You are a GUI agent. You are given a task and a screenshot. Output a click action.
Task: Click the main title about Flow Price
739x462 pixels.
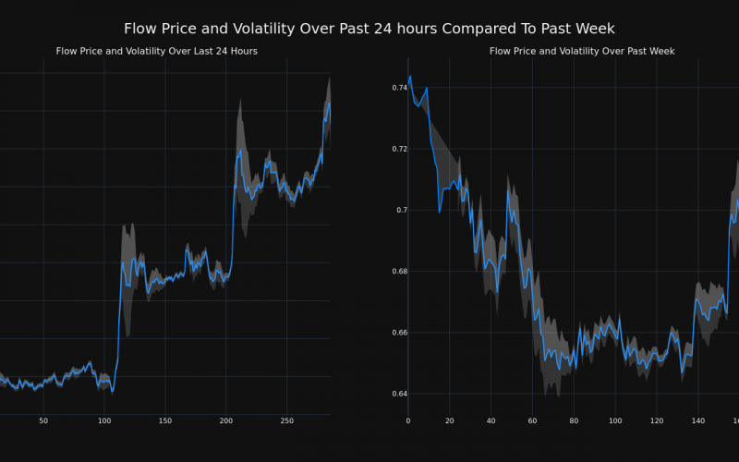click(369, 29)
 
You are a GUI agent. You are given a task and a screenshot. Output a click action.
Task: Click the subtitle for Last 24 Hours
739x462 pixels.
click(157, 52)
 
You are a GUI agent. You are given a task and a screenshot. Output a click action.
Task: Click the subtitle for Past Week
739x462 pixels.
click(582, 52)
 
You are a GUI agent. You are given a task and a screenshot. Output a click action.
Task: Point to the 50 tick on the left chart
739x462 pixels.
click(43, 421)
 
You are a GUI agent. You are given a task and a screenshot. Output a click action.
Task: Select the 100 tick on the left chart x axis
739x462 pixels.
click(104, 421)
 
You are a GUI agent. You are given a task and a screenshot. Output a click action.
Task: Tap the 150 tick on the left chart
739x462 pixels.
click(165, 421)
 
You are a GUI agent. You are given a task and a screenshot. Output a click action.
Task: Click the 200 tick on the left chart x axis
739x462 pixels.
click(225, 421)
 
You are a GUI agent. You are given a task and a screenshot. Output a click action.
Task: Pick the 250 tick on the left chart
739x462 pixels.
click(286, 421)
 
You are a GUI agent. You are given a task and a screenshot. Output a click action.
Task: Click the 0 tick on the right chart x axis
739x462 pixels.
click(407, 421)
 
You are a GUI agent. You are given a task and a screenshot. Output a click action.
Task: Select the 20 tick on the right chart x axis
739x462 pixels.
click(449, 421)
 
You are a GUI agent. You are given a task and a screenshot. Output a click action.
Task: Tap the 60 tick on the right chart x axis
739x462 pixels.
click(532, 421)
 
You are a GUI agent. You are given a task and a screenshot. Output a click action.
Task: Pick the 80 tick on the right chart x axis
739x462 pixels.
click(574, 421)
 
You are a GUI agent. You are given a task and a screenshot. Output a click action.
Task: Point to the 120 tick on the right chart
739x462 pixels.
click(657, 421)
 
